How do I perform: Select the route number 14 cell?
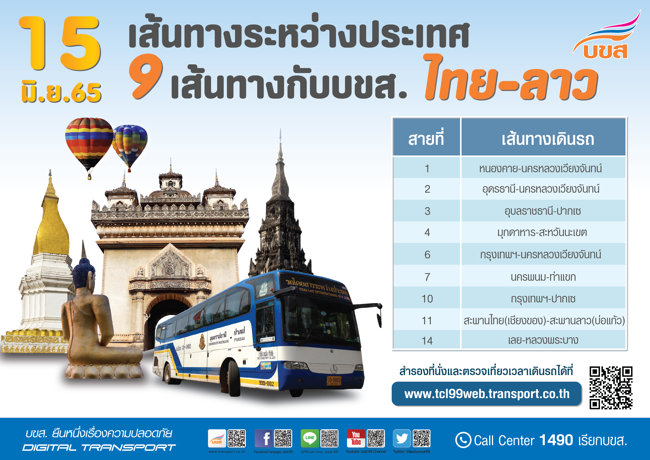[x=427, y=340]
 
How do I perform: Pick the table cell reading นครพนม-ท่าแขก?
[x=543, y=277]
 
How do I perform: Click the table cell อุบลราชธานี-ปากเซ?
[x=543, y=211]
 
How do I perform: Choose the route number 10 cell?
[x=427, y=299]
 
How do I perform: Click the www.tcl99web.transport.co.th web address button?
[x=486, y=394]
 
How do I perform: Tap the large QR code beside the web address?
[x=611, y=388]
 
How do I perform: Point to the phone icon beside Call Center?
[x=463, y=440]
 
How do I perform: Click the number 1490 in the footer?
[x=556, y=440]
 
